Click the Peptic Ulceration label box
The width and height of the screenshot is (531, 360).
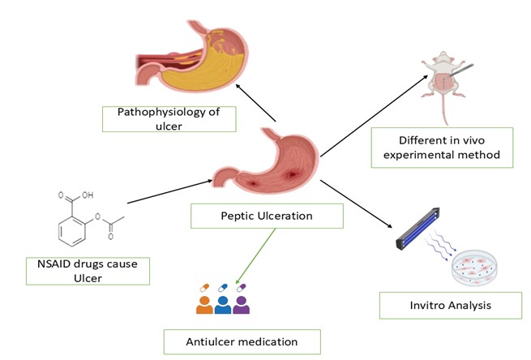[267, 216]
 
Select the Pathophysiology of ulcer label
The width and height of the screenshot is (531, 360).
[168, 118]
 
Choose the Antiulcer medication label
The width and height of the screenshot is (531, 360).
[242, 341]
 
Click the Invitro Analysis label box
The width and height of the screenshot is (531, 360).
[439, 305]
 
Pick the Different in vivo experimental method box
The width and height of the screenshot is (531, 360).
[442, 148]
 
